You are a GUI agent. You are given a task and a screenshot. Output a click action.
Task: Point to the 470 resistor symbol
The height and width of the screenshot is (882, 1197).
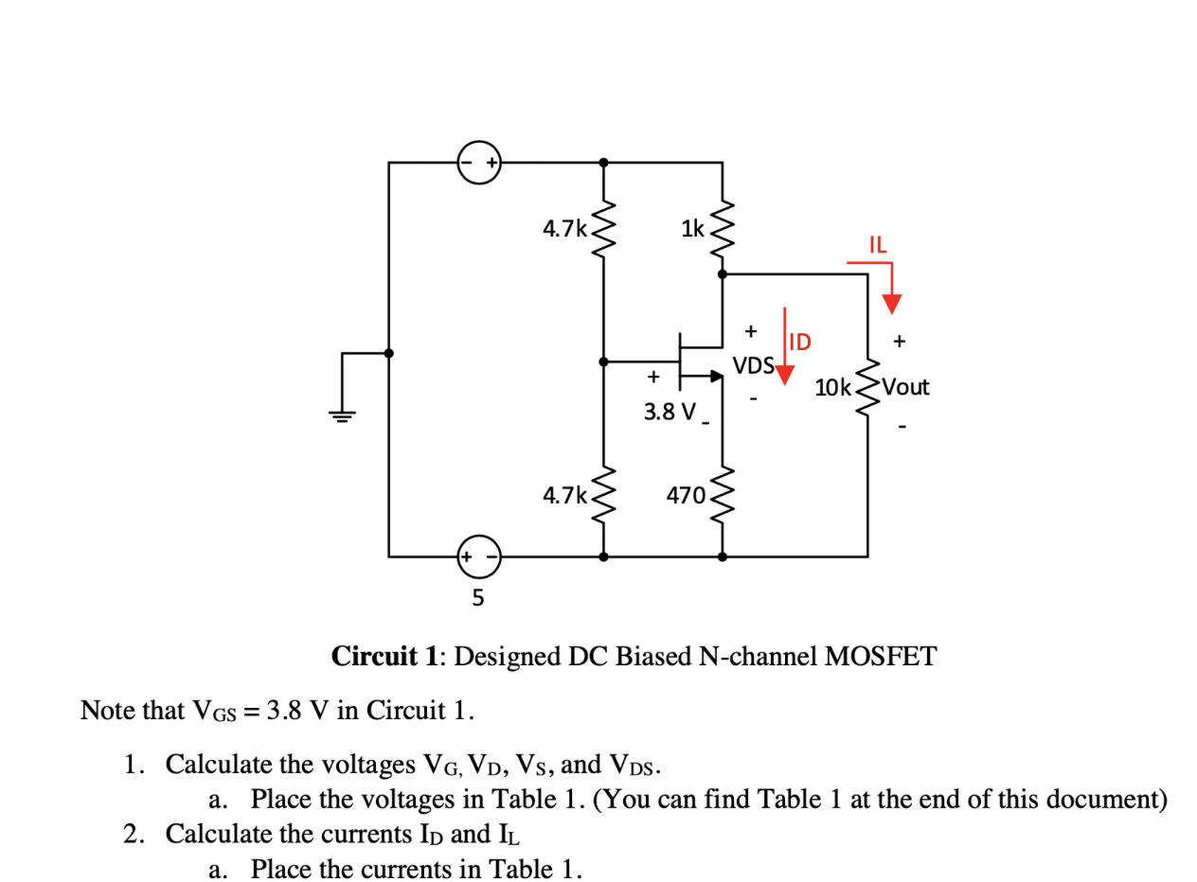(723, 495)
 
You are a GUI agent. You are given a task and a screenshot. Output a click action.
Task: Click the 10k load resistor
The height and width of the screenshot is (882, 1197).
(867, 388)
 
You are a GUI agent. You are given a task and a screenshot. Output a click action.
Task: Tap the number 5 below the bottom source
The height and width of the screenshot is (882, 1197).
(477, 597)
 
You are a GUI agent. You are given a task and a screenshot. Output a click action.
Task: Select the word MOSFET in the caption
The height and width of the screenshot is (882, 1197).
(881, 656)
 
